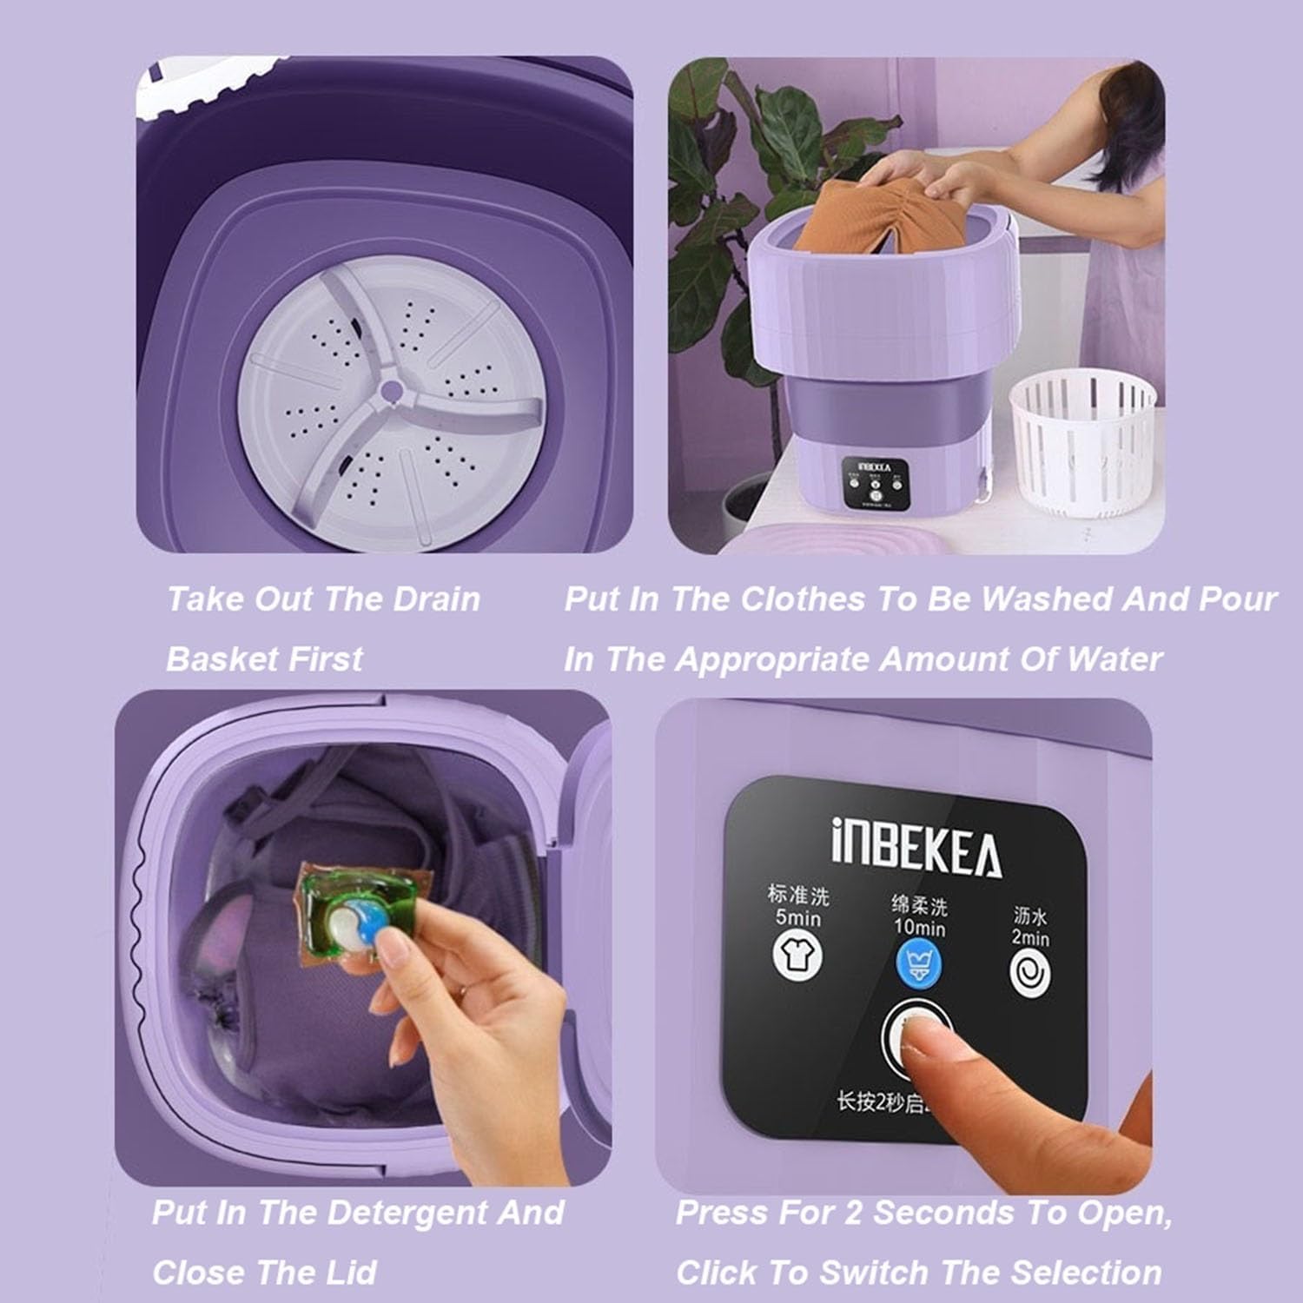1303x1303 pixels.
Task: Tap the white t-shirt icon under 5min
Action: [x=797, y=956]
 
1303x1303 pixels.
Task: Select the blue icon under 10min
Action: [x=919, y=965]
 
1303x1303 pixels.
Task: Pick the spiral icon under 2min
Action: [x=1030, y=974]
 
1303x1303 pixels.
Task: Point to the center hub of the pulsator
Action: [x=391, y=393]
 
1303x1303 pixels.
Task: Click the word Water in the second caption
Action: [x=1114, y=659]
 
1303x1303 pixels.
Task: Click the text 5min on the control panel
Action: [x=797, y=917]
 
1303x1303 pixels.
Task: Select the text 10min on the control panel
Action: [x=919, y=928]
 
